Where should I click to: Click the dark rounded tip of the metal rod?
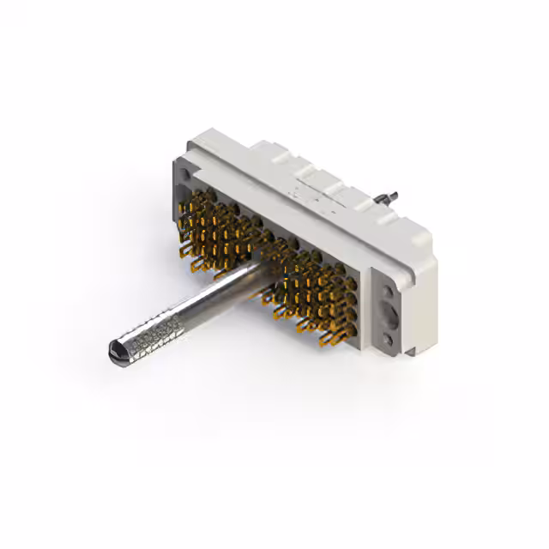118,350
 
